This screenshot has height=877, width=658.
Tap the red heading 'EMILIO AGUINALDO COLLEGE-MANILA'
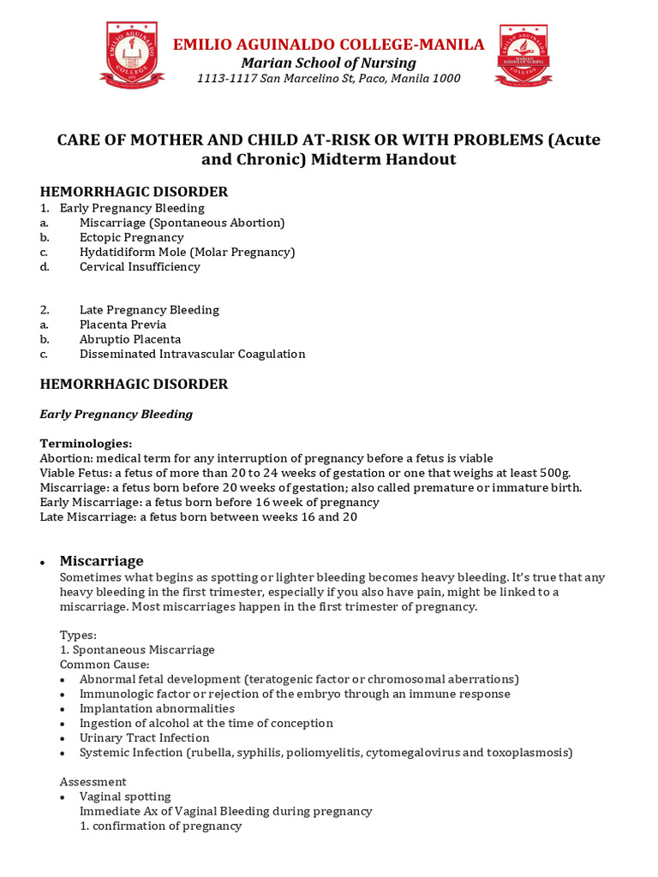click(328, 45)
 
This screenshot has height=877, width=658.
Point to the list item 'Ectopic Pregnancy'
click(131, 237)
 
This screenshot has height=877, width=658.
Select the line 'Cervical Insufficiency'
click(140, 266)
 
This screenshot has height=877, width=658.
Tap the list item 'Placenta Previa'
click(123, 325)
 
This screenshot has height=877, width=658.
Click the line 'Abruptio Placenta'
click(130, 339)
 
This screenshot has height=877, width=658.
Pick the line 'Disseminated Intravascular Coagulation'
click(192, 354)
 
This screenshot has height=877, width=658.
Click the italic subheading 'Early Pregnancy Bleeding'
click(117, 414)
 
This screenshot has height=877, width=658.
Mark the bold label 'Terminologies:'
click(87, 444)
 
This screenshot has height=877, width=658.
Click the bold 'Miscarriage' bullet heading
click(101, 561)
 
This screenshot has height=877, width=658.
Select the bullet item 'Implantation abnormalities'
click(157, 708)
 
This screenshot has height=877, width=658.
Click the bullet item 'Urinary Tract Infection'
click(144, 737)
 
